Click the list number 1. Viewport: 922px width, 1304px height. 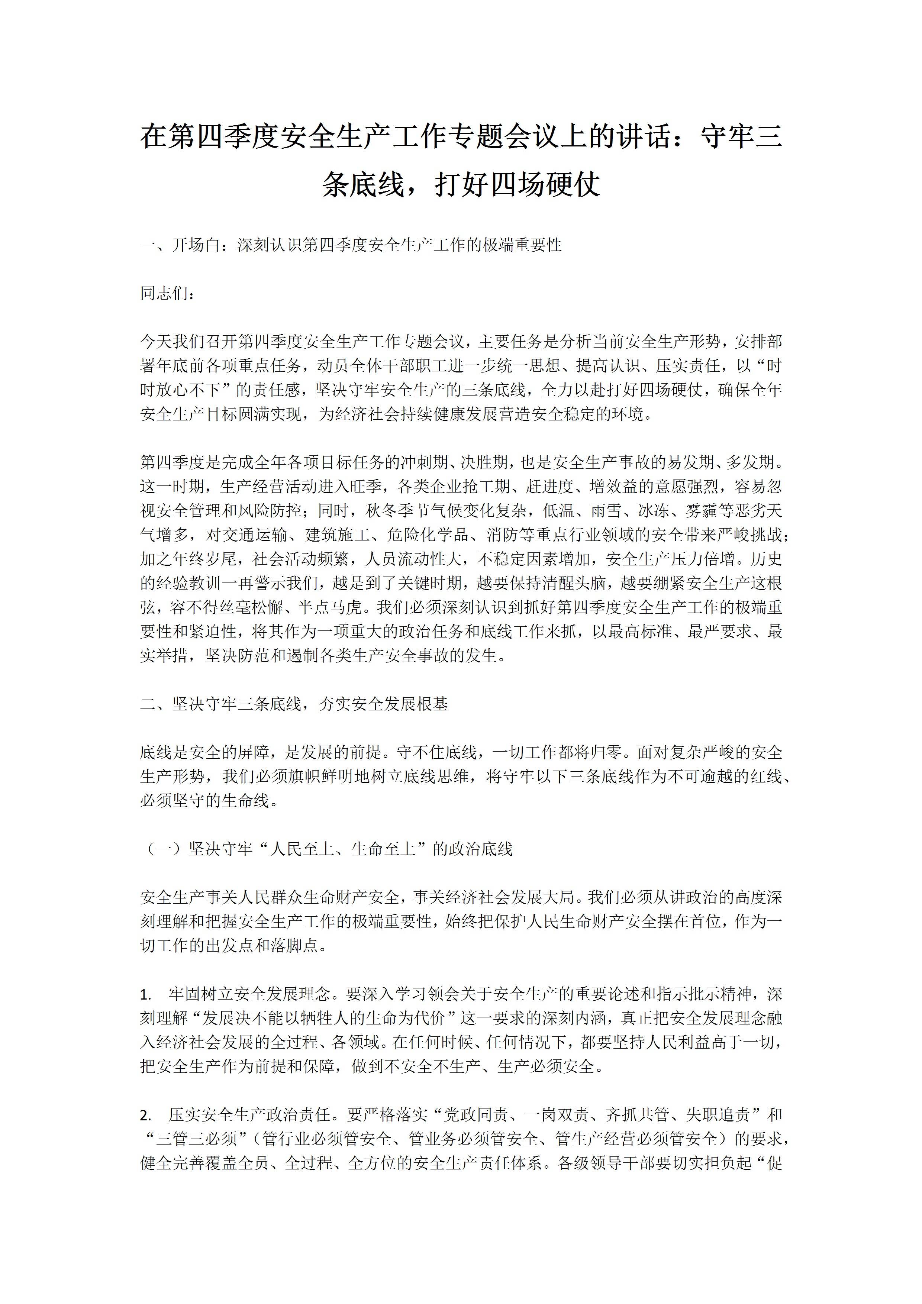click(145, 994)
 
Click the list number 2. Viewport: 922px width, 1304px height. click(145, 1116)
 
